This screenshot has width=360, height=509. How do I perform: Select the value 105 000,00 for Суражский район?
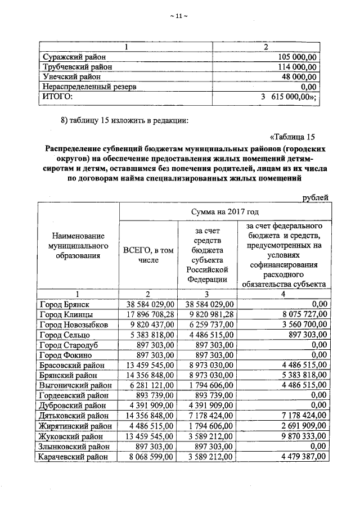(x=298, y=57)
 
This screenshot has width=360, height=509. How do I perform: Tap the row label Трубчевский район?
(x=78, y=66)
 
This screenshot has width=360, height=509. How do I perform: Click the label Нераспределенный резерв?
(x=89, y=87)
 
